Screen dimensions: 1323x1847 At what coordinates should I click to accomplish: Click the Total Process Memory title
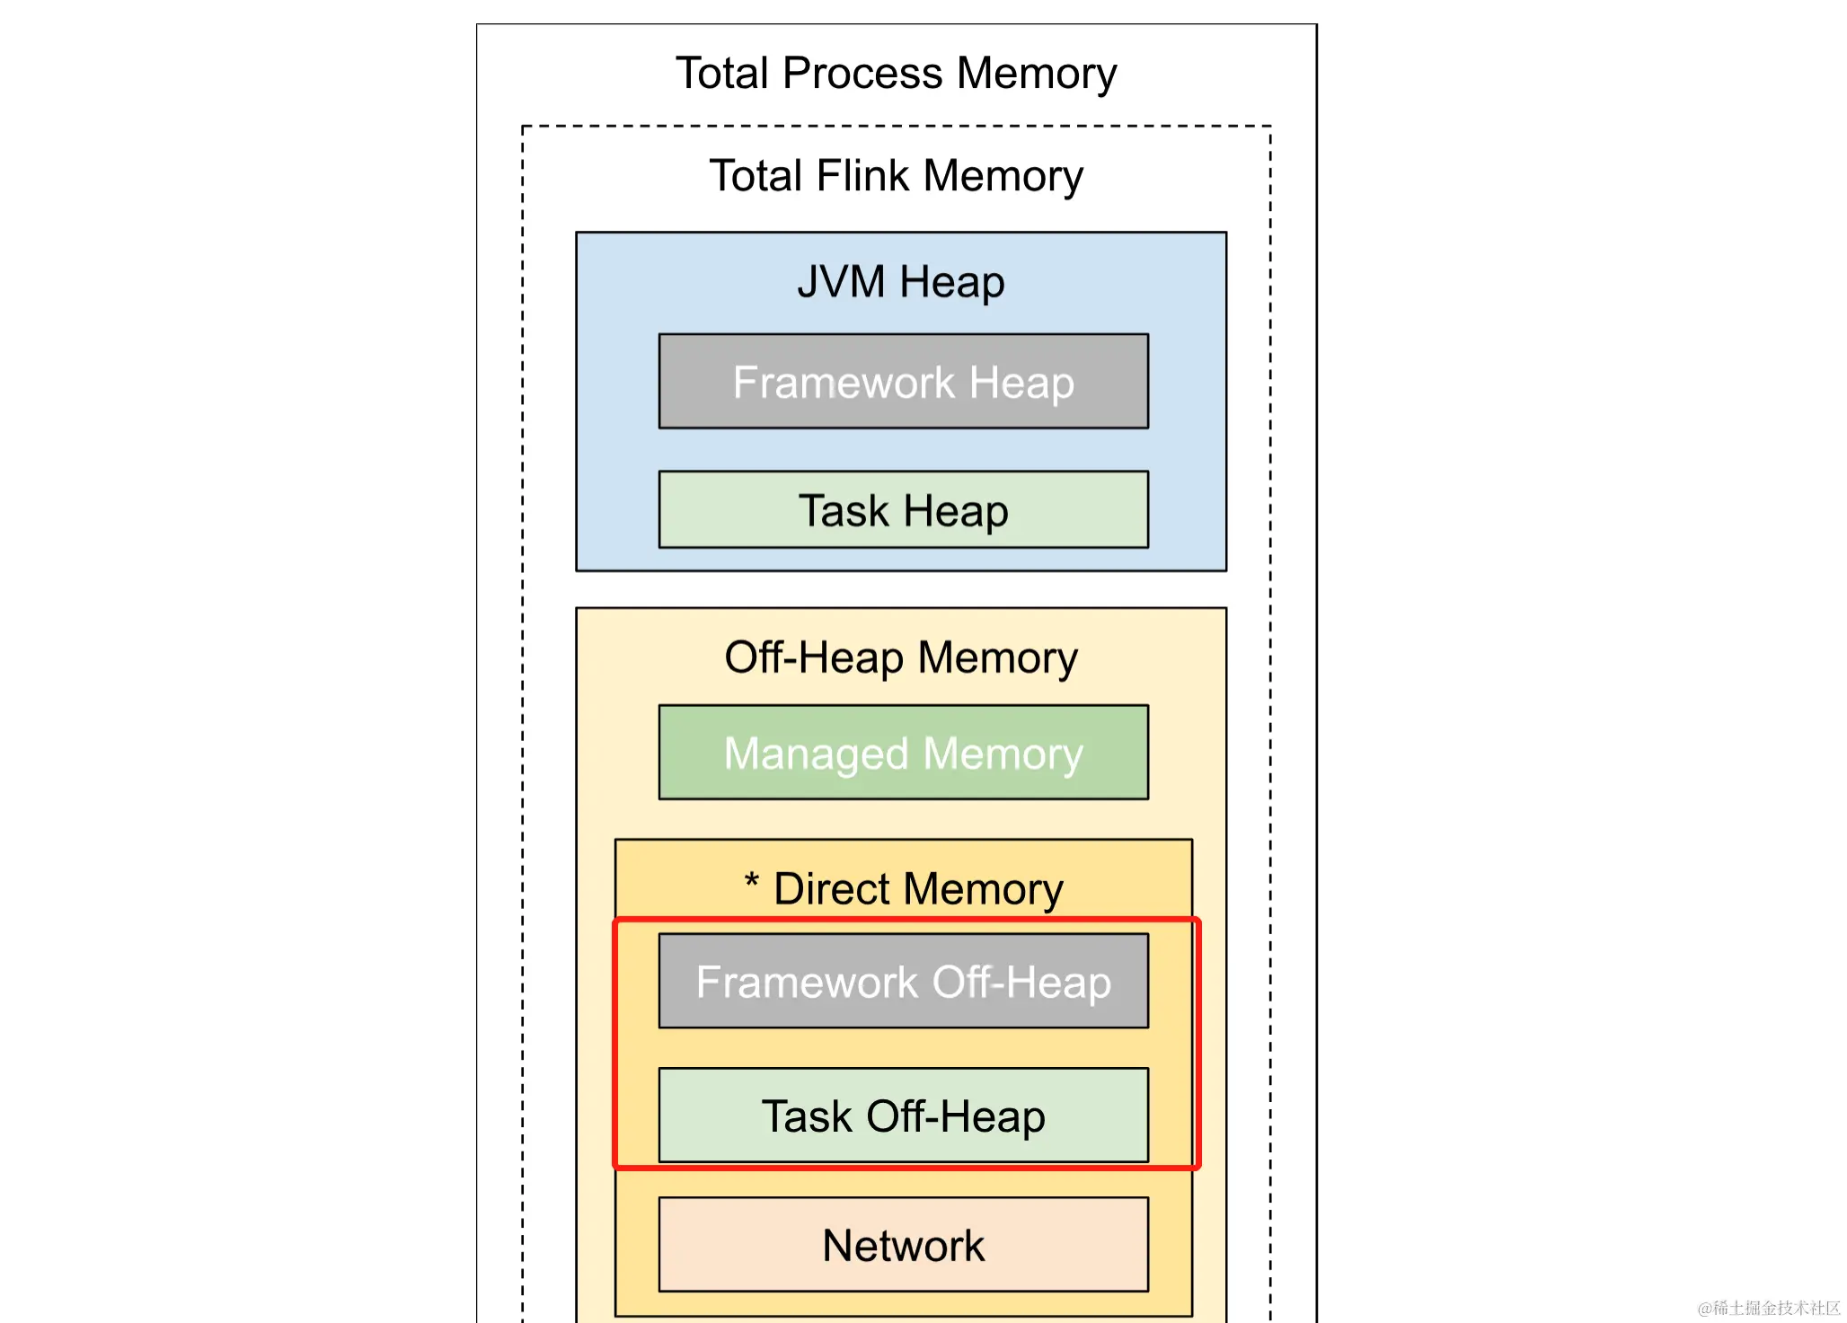point(896,74)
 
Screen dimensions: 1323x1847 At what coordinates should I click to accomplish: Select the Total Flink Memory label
point(896,176)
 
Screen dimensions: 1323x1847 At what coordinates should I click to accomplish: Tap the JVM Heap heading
point(900,282)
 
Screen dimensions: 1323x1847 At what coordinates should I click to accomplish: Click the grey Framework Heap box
point(903,382)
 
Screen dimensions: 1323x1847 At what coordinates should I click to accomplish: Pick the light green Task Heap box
point(903,510)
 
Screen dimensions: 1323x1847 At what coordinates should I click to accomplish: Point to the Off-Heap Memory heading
point(900,657)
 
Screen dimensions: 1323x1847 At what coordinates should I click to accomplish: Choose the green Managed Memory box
point(903,753)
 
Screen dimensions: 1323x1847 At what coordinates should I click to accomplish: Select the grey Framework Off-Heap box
point(903,981)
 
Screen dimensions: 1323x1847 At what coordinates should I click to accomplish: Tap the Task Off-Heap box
point(903,1116)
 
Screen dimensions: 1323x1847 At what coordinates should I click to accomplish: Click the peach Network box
point(903,1245)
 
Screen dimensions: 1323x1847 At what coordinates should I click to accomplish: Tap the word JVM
point(841,282)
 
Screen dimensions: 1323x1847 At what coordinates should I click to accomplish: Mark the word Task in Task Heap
point(844,511)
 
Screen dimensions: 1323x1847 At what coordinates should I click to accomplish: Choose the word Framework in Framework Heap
point(844,383)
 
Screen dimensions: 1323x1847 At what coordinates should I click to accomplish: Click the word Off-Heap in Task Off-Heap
point(955,1116)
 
